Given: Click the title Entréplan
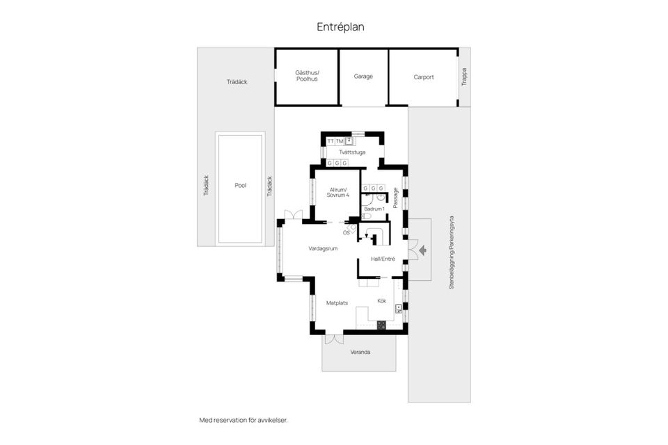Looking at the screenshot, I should click(x=340, y=27).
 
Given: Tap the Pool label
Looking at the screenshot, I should click(x=241, y=186).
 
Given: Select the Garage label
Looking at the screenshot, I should click(x=363, y=76).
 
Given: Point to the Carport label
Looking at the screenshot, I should click(x=424, y=77).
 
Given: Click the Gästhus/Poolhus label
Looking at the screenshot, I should click(x=307, y=76).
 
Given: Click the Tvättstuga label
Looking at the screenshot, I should click(x=352, y=152).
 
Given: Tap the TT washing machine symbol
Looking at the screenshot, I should click(x=331, y=141).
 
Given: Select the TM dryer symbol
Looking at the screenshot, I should click(x=340, y=141).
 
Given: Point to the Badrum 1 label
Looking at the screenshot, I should click(x=374, y=209).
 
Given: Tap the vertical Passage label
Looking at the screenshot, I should click(x=395, y=197).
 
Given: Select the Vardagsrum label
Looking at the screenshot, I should click(x=323, y=248).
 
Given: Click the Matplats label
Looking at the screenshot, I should click(x=337, y=302).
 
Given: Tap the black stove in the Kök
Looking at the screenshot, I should click(x=381, y=325).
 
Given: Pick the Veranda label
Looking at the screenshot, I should click(x=360, y=353).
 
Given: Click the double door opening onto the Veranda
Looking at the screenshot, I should click(x=333, y=340).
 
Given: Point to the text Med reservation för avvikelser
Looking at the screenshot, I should click(x=243, y=420).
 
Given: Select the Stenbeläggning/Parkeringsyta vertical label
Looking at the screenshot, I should click(x=451, y=252).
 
